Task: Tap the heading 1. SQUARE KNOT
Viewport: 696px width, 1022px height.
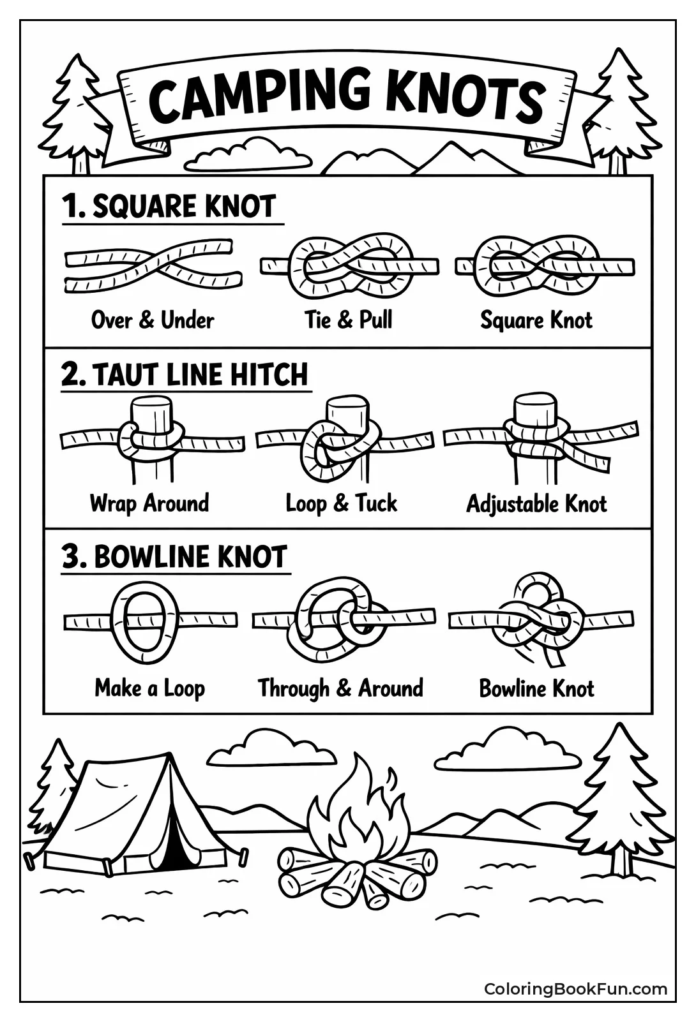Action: (x=169, y=207)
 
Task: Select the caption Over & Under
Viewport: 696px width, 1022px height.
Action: (x=153, y=320)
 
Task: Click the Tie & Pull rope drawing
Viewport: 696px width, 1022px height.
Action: (x=349, y=267)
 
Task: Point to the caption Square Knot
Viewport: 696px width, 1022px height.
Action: (x=536, y=320)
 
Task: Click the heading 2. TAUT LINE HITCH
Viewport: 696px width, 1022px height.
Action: (x=185, y=374)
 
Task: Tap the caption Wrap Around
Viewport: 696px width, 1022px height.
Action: (x=149, y=503)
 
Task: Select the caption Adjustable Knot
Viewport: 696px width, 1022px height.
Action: (x=536, y=504)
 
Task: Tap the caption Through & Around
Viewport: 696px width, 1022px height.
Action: (x=340, y=688)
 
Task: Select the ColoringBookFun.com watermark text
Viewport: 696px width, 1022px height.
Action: (x=575, y=989)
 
